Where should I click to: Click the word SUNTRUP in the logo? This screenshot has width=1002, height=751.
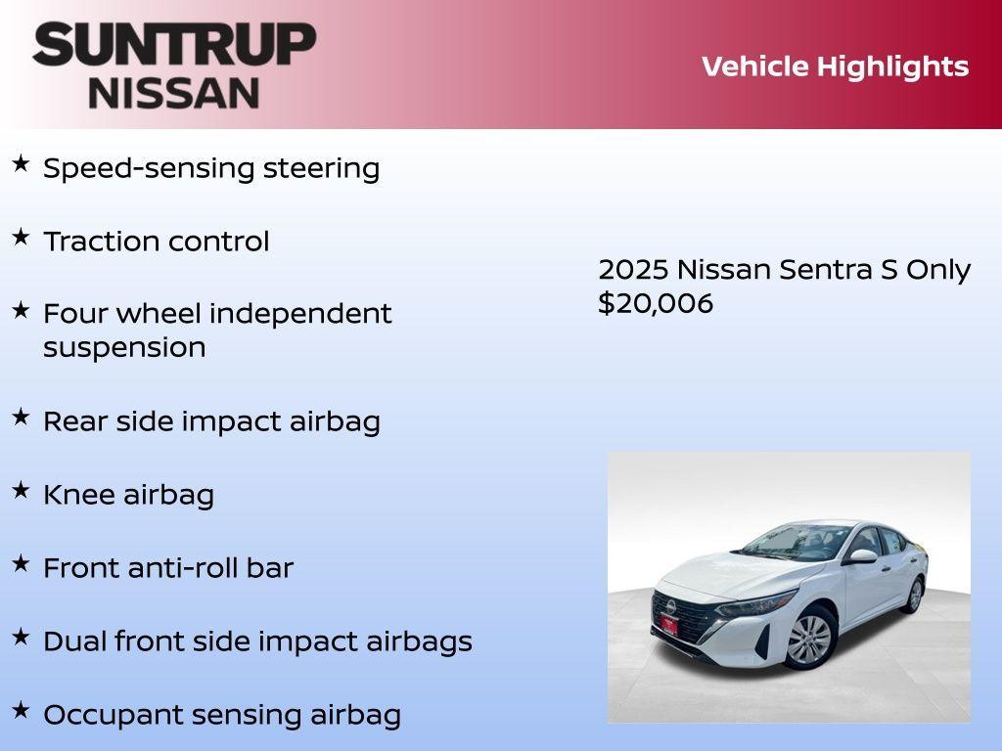(x=174, y=45)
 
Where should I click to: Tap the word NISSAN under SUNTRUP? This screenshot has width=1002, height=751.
(x=174, y=92)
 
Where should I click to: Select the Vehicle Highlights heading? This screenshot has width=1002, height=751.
(x=835, y=66)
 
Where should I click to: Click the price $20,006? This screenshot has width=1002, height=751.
(x=656, y=303)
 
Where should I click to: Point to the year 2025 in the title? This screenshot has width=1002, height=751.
(x=632, y=270)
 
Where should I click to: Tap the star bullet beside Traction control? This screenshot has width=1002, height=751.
(x=21, y=237)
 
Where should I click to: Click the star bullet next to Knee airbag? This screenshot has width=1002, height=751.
(x=21, y=490)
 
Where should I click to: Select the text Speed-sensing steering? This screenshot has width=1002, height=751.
(x=211, y=168)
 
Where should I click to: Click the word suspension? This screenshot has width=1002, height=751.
(x=124, y=347)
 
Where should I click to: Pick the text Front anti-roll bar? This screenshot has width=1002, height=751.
(x=168, y=567)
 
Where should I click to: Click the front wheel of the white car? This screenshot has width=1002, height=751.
(x=809, y=639)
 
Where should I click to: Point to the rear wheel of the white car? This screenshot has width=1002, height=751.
(x=915, y=594)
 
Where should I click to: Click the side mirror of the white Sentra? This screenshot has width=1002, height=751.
(x=863, y=556)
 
